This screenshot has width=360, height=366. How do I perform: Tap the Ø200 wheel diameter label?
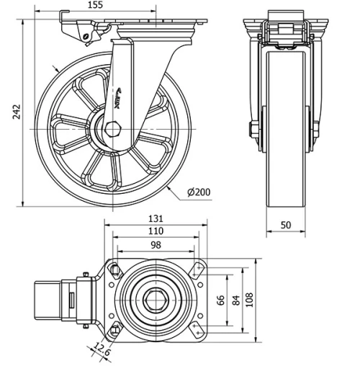point(199,193)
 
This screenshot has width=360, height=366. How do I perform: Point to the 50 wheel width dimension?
point(285,226)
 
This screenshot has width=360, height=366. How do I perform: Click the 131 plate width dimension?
point(156,218)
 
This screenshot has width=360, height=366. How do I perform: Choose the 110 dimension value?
point(156,231)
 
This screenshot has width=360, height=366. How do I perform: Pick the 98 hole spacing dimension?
point(156,245)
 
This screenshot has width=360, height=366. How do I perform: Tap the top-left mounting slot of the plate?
point(114,269)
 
